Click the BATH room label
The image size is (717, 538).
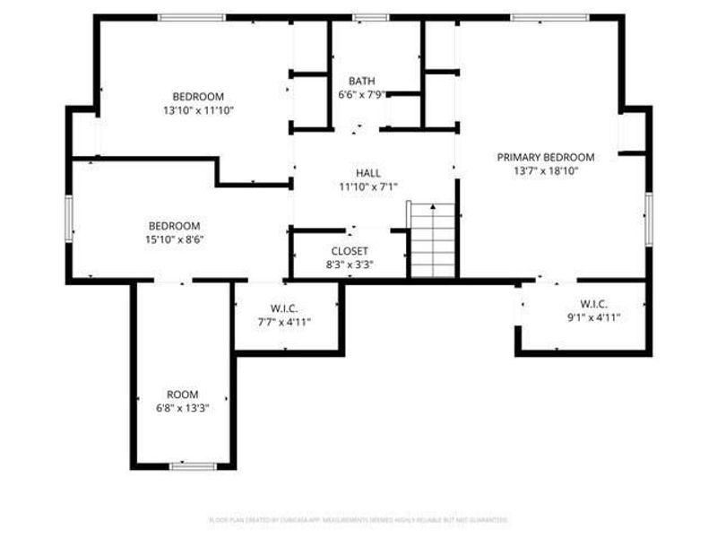coord(362,80)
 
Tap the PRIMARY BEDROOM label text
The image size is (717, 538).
coord(546,157)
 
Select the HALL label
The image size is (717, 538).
coord(368,173)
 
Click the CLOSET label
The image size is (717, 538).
coord(349,251)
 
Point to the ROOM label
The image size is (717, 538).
coord(183,395)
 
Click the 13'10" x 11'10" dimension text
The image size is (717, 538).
coord(198,110)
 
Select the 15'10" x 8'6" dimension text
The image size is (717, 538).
coord(174,239)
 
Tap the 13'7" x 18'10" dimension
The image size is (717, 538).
coord(546,170)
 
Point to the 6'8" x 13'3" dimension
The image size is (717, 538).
coord(183,408)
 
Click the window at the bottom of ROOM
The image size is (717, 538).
coord(193,465)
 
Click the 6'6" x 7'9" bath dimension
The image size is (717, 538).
coord(362,94)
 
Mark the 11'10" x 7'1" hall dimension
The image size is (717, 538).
coord(368,187)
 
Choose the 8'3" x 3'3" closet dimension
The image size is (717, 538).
coord(349,265)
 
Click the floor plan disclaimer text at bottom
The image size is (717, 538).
coord(358,519)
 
